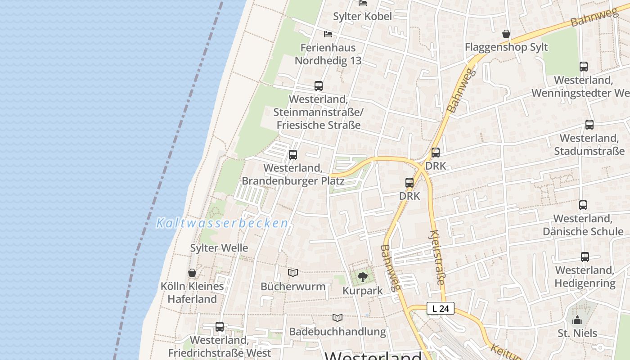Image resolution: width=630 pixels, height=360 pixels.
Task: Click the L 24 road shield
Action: [440, 309]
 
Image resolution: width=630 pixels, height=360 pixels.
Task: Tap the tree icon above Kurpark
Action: [363, 277]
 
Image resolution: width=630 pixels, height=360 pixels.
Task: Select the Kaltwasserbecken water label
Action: [222, 223]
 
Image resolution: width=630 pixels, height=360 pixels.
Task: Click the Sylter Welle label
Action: [219, 248]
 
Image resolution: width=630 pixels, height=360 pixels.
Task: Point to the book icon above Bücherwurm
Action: [293, 273]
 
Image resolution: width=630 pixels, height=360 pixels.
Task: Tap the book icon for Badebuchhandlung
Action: [337, 318]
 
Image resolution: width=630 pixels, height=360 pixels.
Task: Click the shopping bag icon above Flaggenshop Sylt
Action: [506, 34]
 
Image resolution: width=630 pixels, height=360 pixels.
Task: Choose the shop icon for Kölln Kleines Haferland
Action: [192, 273]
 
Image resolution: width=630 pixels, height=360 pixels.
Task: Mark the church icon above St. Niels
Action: [577, 320]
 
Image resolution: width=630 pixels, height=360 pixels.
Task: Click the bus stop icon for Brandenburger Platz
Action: [293, 155]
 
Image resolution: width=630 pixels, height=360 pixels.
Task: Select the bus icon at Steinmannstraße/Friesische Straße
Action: [319, 85]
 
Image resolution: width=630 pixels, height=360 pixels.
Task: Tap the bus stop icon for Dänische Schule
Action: [583, 205]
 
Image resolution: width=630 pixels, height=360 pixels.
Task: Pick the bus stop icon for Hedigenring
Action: [585, 257]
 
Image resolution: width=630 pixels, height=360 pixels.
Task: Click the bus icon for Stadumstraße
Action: [589, 125]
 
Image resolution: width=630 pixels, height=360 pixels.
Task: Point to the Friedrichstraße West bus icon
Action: [220, 327]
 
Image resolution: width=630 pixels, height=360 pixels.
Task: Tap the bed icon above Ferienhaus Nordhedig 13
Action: [328, 34]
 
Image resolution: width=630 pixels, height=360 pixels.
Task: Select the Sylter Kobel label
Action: [362, 16]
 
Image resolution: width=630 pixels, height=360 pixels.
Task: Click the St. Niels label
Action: [577, 333]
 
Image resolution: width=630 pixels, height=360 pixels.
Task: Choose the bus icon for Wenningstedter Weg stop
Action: [584, 67]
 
